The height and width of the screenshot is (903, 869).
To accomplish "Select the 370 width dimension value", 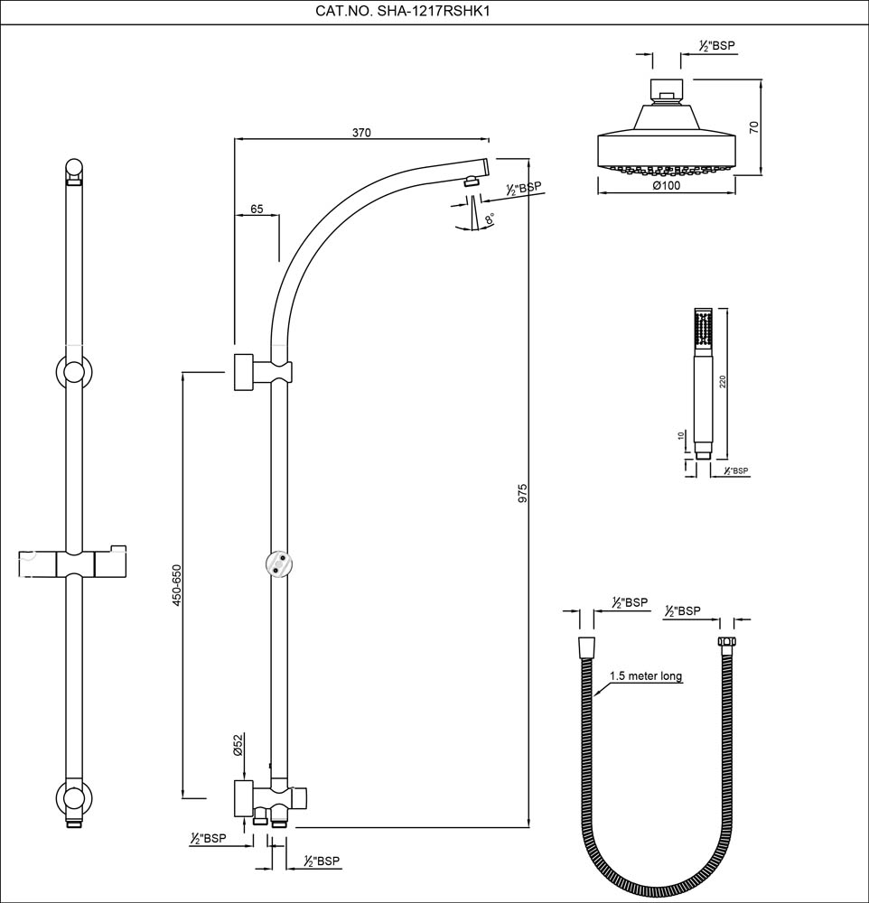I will click(x=361, y=132).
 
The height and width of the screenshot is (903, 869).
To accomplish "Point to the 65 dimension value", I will click(x=257, y=209).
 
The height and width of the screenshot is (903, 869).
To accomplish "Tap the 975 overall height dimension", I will click(x=522, y=495).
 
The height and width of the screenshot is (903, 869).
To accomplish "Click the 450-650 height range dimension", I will click(x=177, y=585).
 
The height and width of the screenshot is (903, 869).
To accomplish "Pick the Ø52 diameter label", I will click(x=238, y=744).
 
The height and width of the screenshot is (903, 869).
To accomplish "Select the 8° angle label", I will click(x=489, y=219).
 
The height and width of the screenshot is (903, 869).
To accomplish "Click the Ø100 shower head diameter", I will click(x=666, y=185).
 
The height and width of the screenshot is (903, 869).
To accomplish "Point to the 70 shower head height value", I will click(x=754, y=126).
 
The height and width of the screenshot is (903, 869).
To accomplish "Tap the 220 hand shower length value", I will click(x=722, y=381).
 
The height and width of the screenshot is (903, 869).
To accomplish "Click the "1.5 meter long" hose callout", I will click(x=645, y=675).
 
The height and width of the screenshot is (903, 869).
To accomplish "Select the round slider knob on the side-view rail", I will click(x=280, y=563).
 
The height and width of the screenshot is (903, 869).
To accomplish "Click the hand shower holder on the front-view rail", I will click(x=74, y=562).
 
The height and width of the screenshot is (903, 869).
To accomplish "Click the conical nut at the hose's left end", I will click(x=586, y=647).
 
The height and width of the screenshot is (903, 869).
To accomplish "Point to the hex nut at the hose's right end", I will click(x=724, y=647).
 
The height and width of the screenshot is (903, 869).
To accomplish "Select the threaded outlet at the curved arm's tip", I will click(x=471, y=181).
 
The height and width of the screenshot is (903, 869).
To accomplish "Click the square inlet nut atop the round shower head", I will click(x=666, y=90).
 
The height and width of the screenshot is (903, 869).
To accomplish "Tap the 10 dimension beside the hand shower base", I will click(x=681, y=435).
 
